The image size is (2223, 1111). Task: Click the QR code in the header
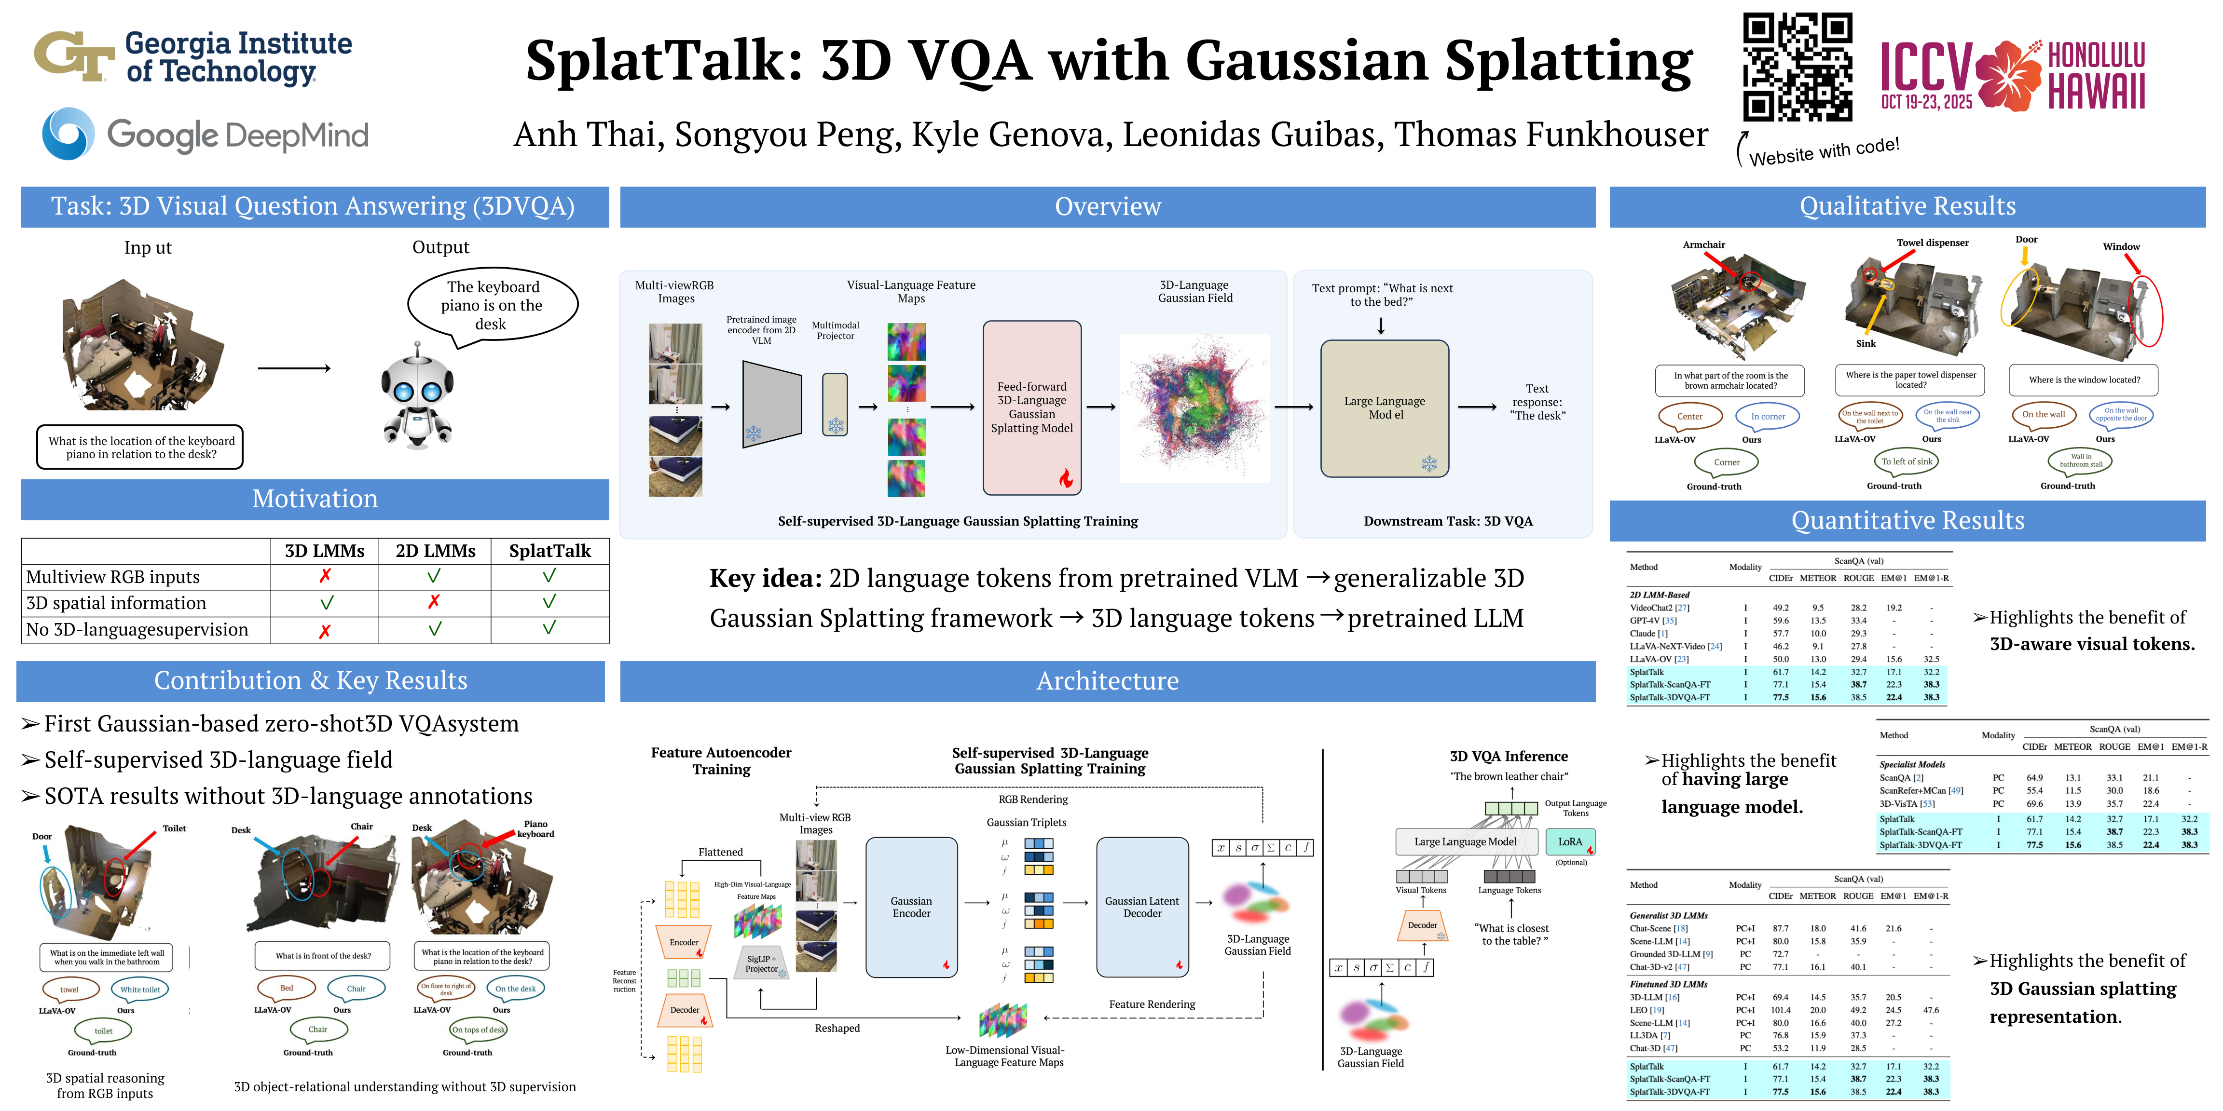[x=1797, y=68]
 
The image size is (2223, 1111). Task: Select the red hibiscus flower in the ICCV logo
[x=2009, y=76]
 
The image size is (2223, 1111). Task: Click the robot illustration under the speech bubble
[x=418, y=397]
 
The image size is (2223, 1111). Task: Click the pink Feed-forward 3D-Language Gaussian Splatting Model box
[x=1032, y=407]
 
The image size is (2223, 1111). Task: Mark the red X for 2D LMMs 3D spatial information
[x=434, y=602]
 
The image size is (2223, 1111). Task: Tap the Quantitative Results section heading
[x=1907, y=521]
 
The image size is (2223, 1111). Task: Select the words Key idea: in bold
[x=765, y=578]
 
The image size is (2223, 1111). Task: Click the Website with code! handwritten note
[x=1824, y=153]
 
